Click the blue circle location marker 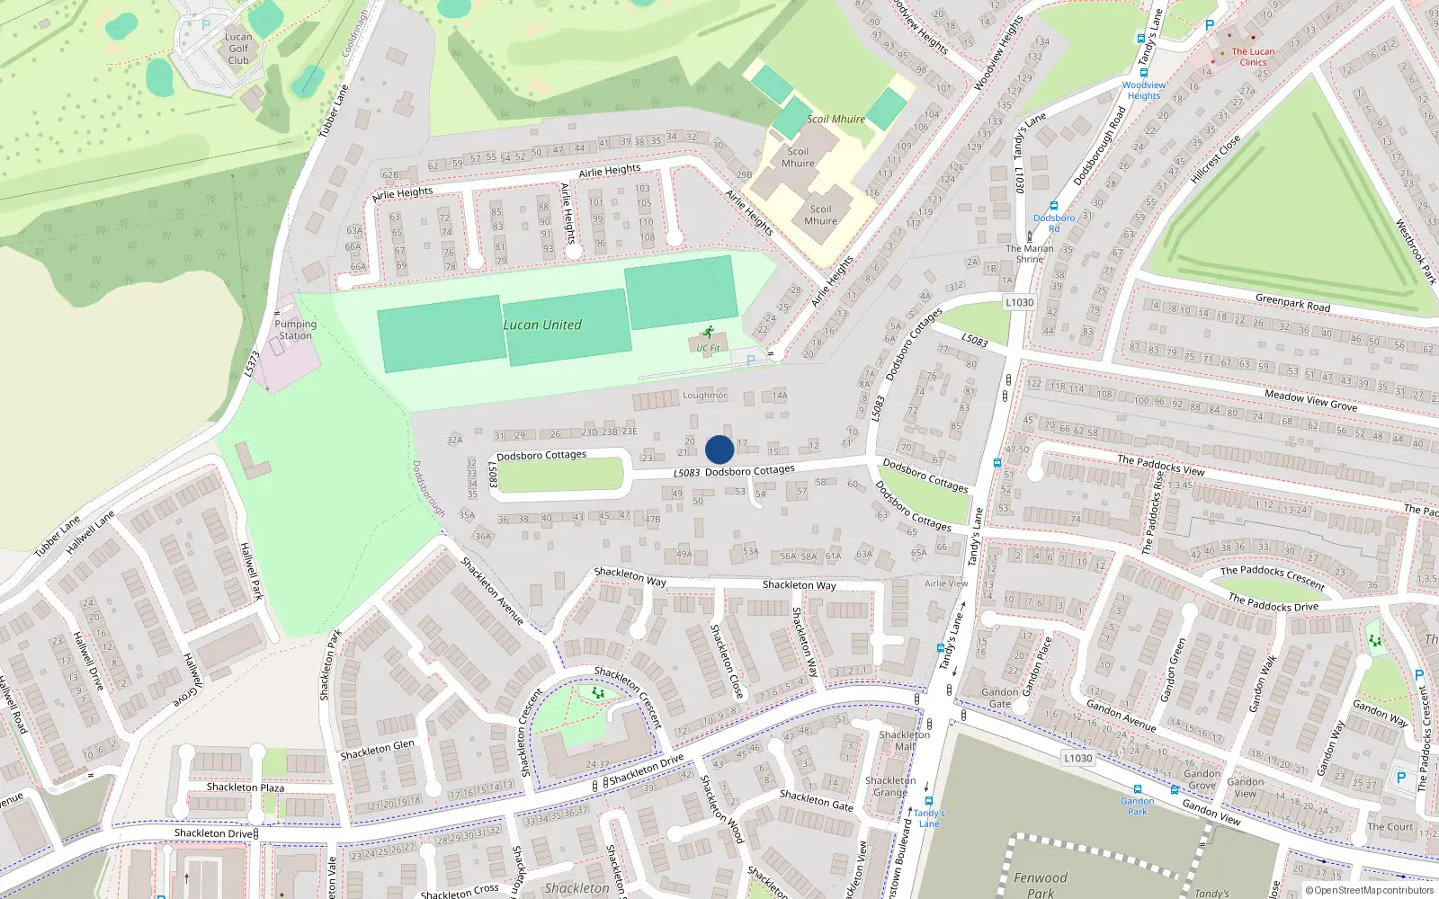(x=719, y=449)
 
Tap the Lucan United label (x=542, y=325)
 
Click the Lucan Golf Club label (x=238, y=49)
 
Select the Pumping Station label (x=295, y=330)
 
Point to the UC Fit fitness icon (x=709, y=332)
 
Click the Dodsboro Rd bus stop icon (x=1053, y=206)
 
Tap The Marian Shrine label (x=1030, y=254)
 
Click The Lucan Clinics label (x=1253, y=57)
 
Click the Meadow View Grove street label (x=1310, y=400)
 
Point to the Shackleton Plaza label (x=245, y=788)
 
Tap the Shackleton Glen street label (x=377, y=749)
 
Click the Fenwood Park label (x=1041, y=885)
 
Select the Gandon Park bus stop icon (x=1137, y=789)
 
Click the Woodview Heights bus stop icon (x=1143, y=74)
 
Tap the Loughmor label (x=704, y=396)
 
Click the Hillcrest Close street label (x=1215, y=159)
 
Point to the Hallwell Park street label (x=251, y=571)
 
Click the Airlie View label (x=946, y=583)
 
